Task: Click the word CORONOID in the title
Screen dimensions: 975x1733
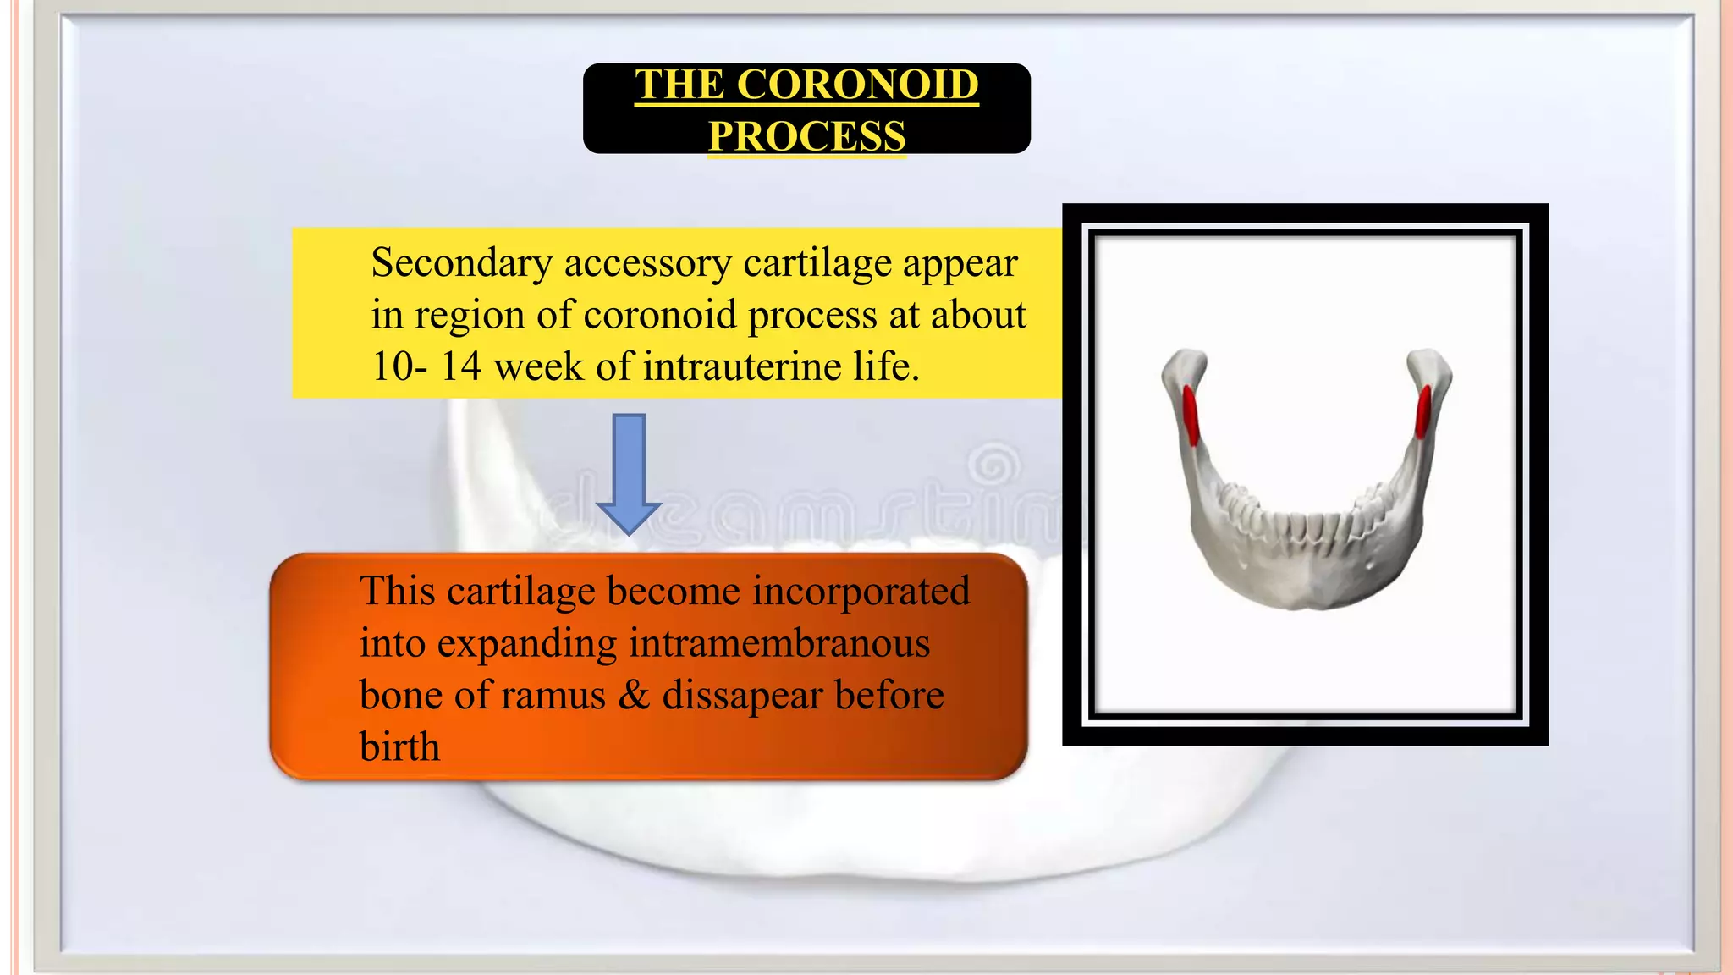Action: click(857, 85)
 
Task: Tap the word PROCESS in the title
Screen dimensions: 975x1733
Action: click(806, 135)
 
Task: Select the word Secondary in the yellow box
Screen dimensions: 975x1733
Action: click(461, 263)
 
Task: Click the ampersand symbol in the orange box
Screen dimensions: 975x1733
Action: click(634, 695)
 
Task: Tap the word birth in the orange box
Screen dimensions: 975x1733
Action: click(399, 747)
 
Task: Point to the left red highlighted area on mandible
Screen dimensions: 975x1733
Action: click(1191, 415)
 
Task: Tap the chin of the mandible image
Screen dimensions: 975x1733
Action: click(1307, 592)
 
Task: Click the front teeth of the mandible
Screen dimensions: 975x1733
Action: click(1307, 528)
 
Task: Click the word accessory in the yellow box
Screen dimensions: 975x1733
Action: click(648, 263)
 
